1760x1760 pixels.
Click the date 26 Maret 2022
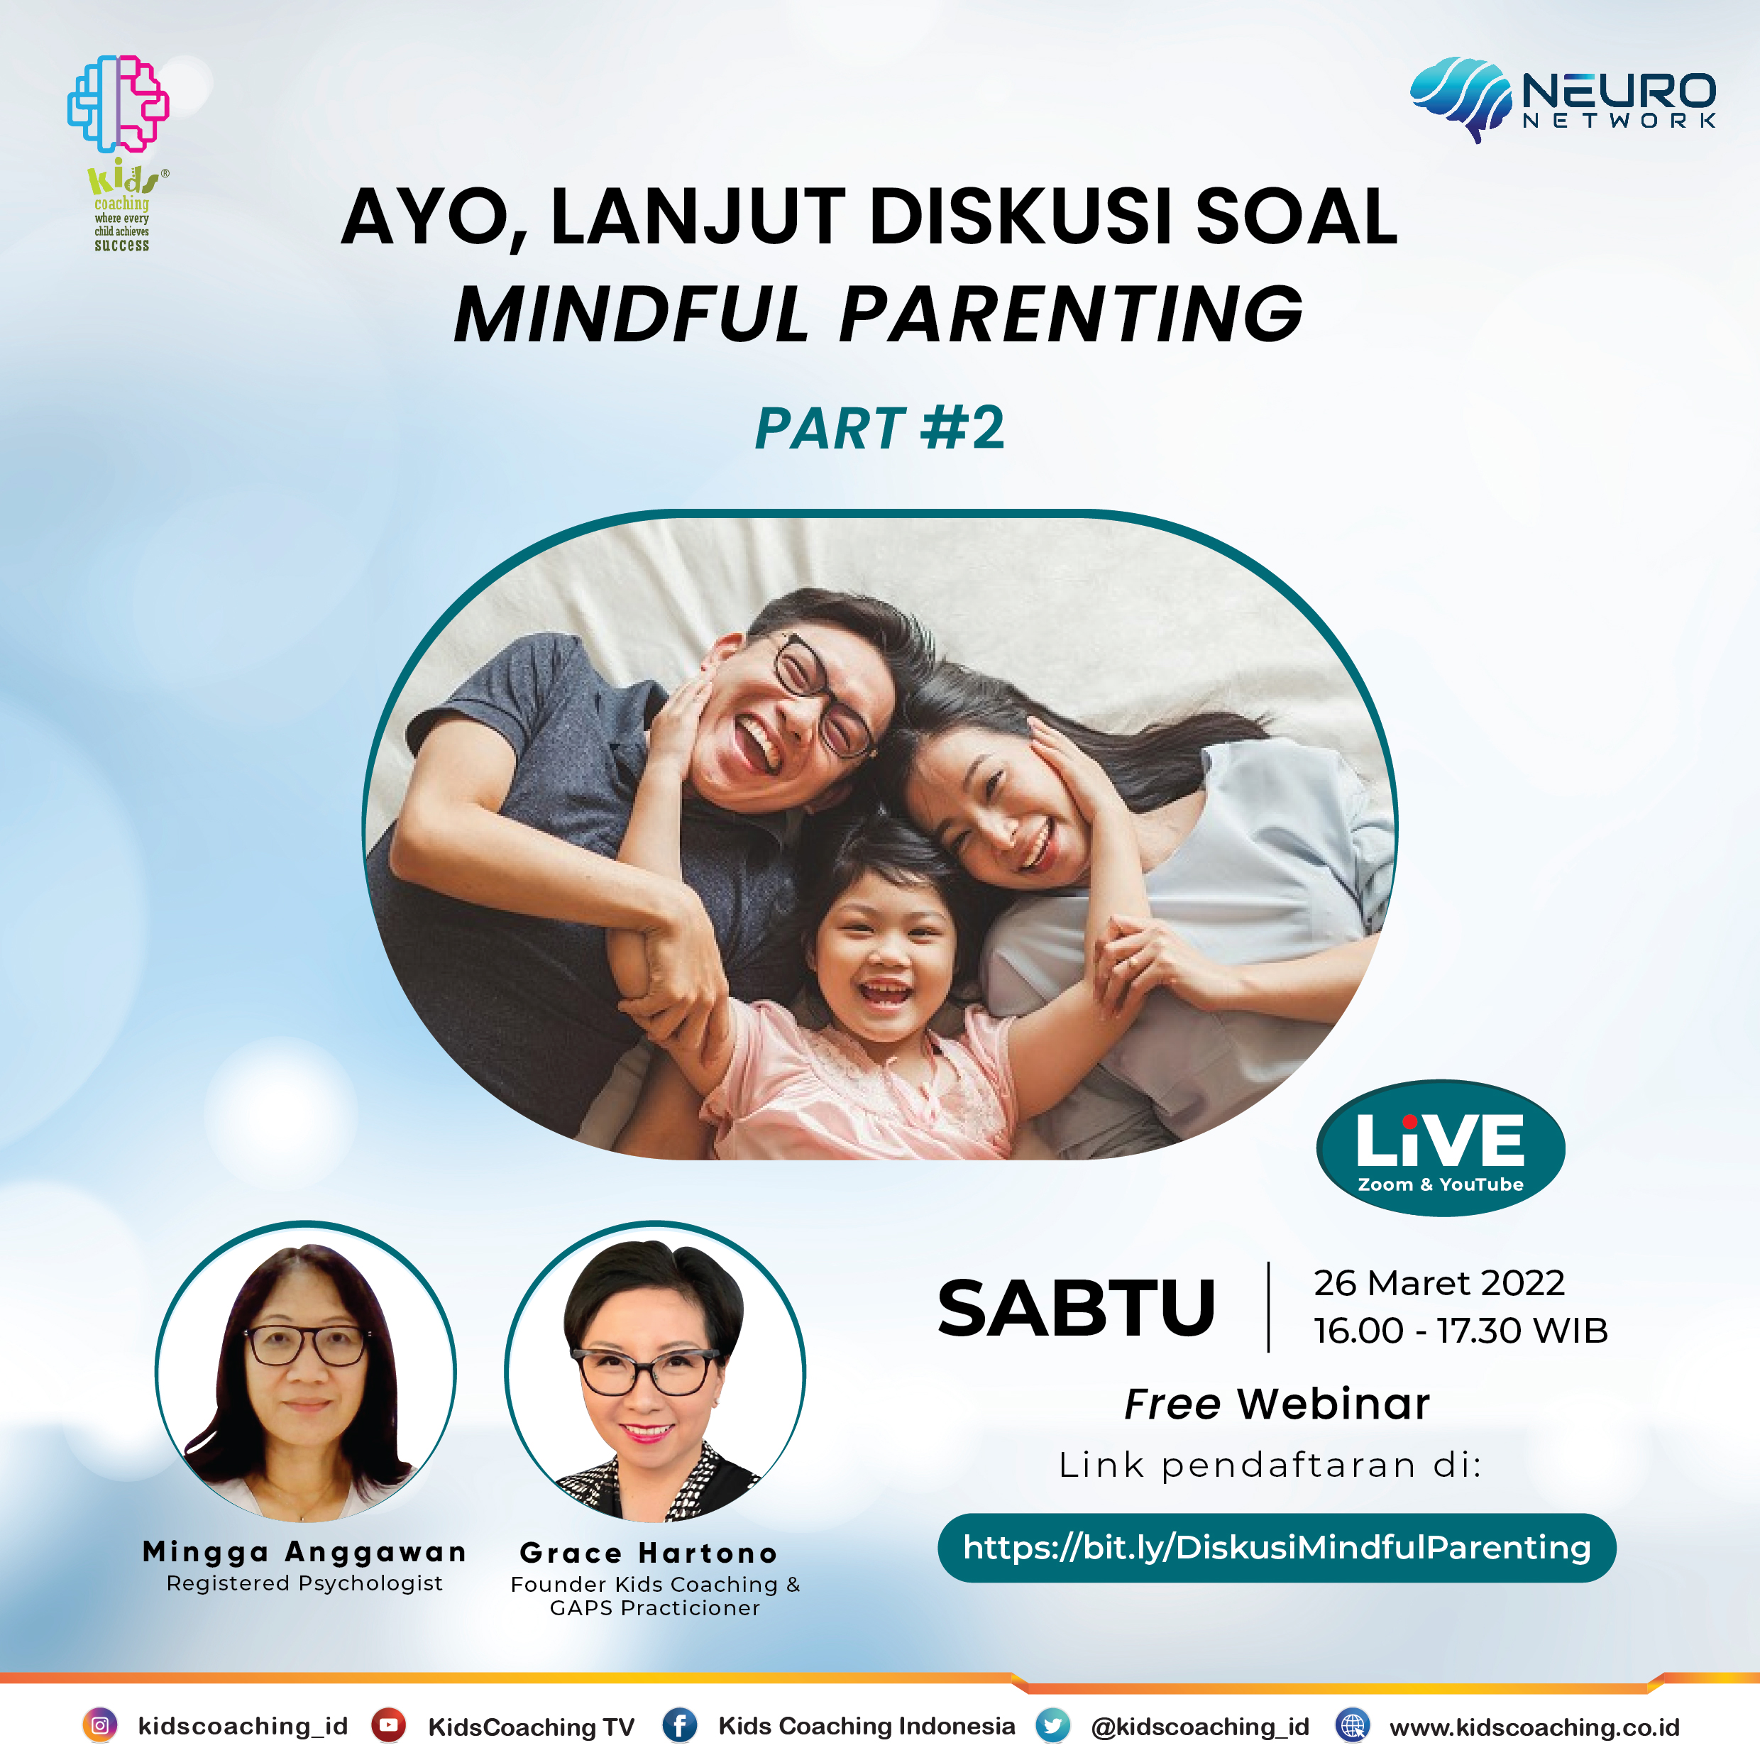[1439, 1282]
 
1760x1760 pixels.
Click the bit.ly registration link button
[1276, 1548]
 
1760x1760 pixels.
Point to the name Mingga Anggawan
[304, 1551]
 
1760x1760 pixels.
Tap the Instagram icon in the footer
[100, 1725]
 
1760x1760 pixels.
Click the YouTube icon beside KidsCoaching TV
[388, 1725]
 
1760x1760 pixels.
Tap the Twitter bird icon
[1053, 1725]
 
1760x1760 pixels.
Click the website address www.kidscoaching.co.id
[1535, 1727]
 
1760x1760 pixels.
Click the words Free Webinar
[1277, 1404]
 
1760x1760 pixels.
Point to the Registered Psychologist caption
[304, 1583]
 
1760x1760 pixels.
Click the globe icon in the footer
[1353, 1725]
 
